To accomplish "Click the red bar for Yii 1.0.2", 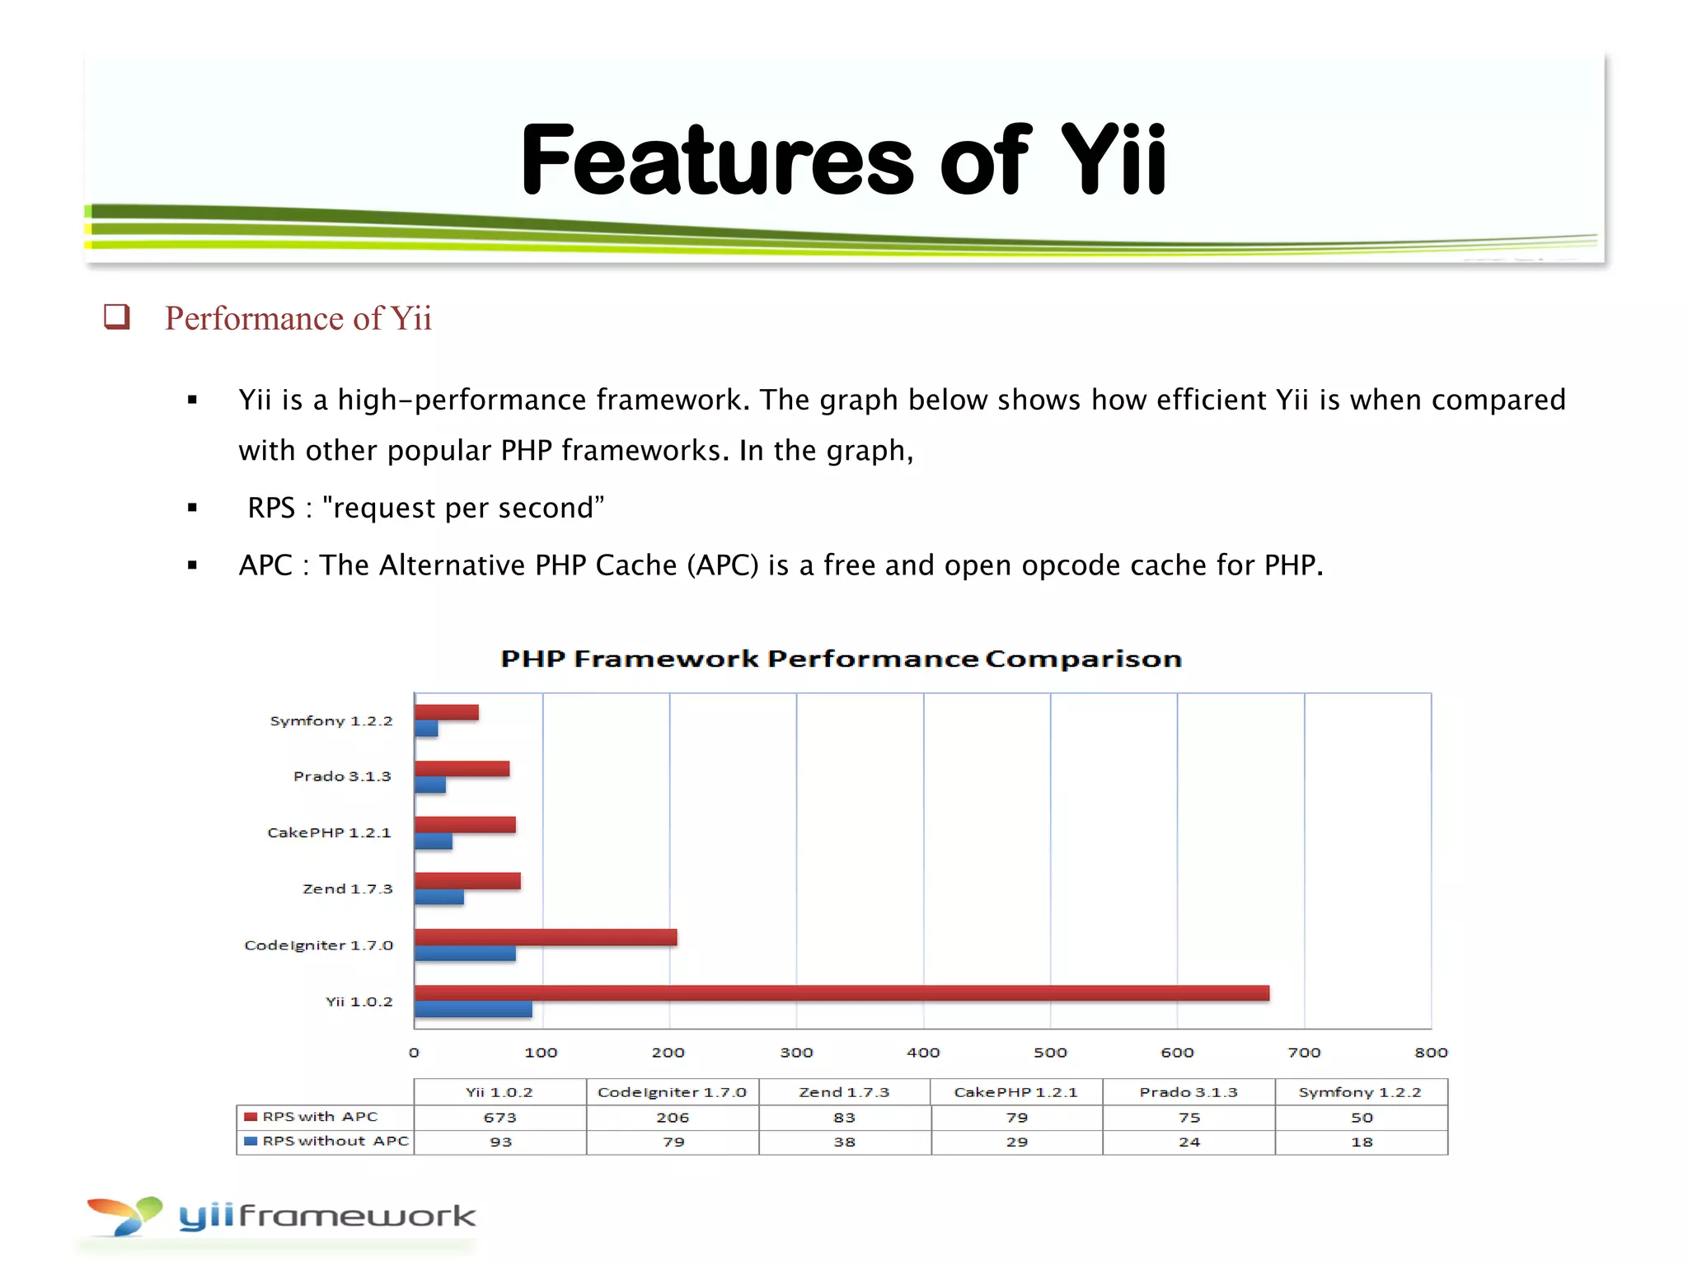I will [x=841, y=992].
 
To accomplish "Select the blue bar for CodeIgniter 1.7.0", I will [x=465, y=954].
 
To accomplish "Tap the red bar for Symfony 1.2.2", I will [x=446, y=712].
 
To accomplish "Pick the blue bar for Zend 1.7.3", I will [x=438, y=898].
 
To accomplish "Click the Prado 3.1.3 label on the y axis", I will [x=342, y=776].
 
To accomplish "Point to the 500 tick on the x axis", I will [x=1050, y=1053].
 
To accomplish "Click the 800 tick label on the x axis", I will [x=1431, y=1053].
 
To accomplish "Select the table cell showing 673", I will [x=499, y=1118].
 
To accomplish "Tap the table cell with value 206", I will [x=673, y=1118].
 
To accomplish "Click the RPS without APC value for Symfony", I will [x=1362, y=1142].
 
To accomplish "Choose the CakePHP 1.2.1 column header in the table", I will [x=1015, y=1092].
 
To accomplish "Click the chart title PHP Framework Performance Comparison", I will [x=841, y=659].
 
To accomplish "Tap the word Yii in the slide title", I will [x=1113, y=160].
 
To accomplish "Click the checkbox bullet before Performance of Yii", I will [x=116, y=316].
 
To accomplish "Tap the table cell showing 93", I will [x=500, y=1142].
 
